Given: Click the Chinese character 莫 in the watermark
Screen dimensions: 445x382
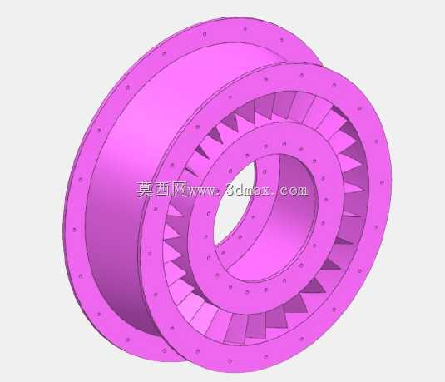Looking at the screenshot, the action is pyautogui.click(x=145, y=190).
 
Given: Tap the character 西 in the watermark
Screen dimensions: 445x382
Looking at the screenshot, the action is pyautogui.click(x=161, y=190).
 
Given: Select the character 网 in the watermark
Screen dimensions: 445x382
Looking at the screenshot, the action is pyautogui.click(x=178, y=190).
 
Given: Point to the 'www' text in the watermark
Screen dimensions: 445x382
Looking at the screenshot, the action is pyautogui.click(x=200, y=191).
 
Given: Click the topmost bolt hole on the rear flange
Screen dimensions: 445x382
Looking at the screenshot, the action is pyautogui.click(x=245, y=28).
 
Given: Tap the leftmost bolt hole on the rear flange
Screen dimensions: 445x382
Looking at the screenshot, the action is pyautogui.click(x=75, y=230).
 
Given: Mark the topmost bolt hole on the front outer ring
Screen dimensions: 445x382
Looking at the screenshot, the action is pyautogui.click(x=302, y=76).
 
